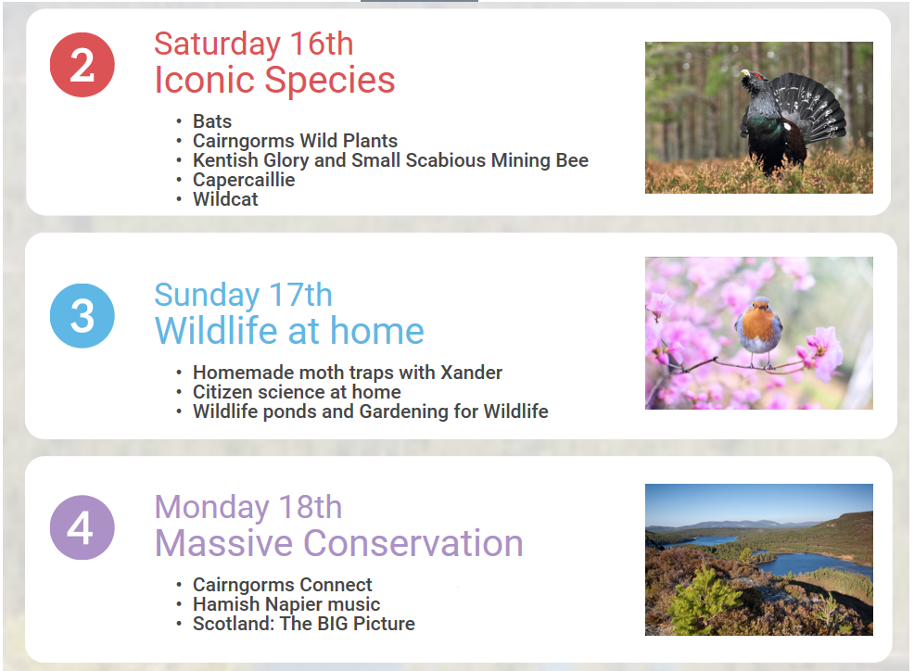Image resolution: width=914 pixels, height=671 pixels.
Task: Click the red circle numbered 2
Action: pos(83,65)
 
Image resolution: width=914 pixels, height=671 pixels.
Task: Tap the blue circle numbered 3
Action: pos(83,315)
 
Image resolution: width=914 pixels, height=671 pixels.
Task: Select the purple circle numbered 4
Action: pos(83,527)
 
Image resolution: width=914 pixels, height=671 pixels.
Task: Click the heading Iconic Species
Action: pos(274,80)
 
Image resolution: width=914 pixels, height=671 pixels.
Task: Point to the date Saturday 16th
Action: pos(254,44)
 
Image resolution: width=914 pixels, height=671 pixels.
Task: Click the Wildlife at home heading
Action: pos(289,331)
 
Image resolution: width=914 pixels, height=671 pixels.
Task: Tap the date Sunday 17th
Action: pos(243,295)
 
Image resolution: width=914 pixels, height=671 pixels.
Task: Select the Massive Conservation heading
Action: pos(338,543)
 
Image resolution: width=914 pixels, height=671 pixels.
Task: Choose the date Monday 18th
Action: pos(248,507)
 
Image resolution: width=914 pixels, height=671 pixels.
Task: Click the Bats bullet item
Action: pos(212,121)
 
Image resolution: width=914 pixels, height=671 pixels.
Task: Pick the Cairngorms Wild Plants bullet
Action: pos(295,141)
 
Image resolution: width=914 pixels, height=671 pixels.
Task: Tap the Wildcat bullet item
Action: pos(225,198)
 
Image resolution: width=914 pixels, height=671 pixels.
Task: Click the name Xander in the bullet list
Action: pos(471,372)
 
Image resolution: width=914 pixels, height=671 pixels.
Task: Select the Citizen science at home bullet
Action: pos(297,392)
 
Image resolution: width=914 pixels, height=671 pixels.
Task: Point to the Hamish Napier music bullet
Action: pos(286,604)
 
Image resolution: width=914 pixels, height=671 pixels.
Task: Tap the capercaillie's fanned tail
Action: pos(813,108)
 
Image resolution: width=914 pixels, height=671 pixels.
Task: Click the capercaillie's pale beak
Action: pos(744,73)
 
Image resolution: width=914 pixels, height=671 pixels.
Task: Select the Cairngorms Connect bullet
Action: pos(282,585)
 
